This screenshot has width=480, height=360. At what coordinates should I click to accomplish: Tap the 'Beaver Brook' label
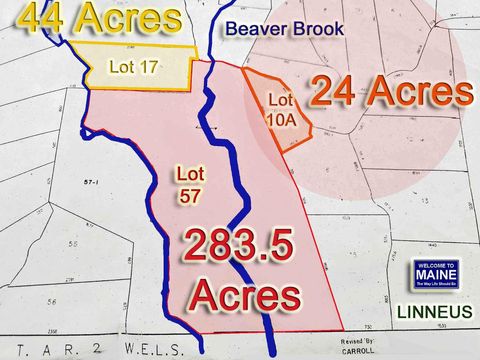(284, 30)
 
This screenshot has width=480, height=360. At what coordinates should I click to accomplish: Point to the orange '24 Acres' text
(390, 92)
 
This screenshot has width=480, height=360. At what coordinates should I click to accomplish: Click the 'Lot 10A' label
(281, 109)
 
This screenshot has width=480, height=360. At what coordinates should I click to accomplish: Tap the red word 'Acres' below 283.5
(245, 296)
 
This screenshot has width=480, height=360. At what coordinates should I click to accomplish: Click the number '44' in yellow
(40, 17)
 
